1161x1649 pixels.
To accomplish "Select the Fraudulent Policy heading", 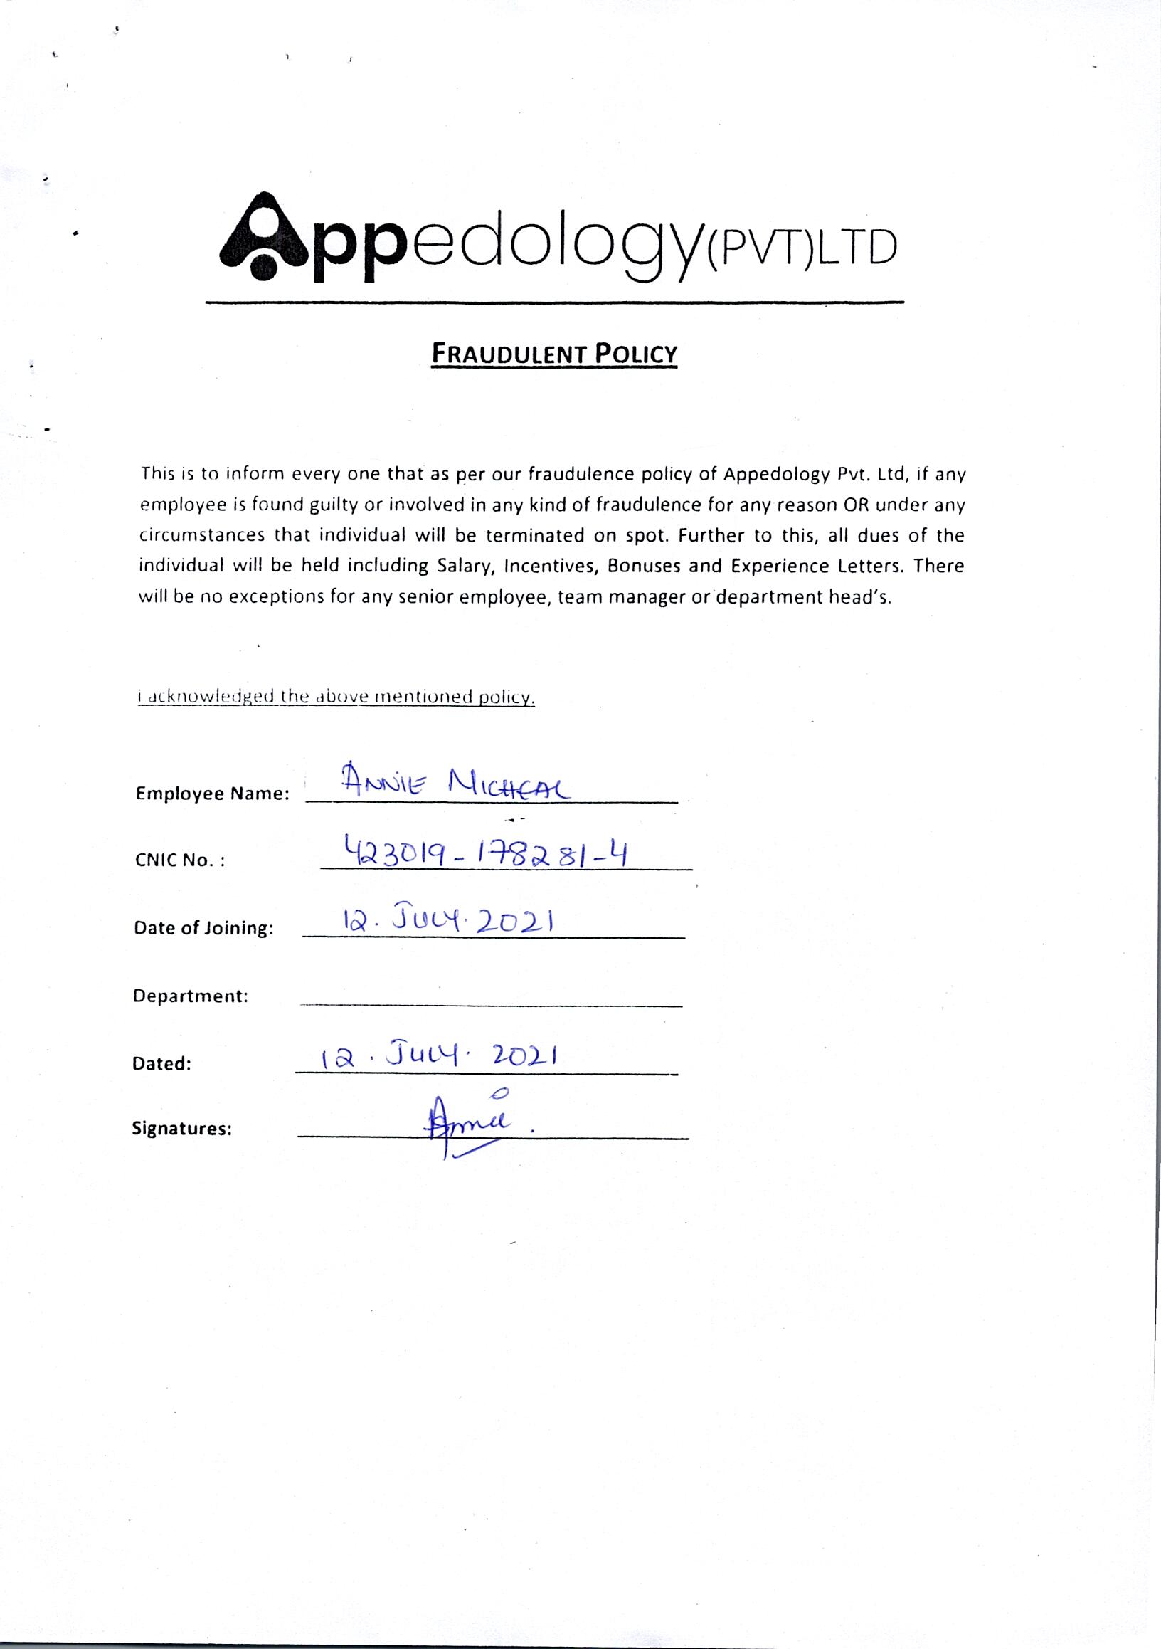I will pyautogui.click(x=553, y=354).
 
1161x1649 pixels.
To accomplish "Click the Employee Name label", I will pyautogui.click(x=213, y=794).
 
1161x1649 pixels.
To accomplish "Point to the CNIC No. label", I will pyautogui.click(x=180, y=860).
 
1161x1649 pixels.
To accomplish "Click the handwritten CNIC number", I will pyautogui.click(x=486, y=853).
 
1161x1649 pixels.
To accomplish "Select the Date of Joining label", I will pyautogui.click(x=204, y=928).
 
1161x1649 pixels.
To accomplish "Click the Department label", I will pyautogui.click(x=190, y=996).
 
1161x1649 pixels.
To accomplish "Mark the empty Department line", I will pyautogui.click(x=491, y=1004).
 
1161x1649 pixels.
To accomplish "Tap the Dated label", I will pyautogui.click(x=161, y=1064).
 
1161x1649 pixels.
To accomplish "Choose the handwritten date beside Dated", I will pyautogui.click(x=440, y=1056).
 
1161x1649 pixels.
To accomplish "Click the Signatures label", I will pyautogui.click(x=181, y=1129).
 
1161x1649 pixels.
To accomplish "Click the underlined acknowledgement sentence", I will pyautogui.click(x=336, y=697).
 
